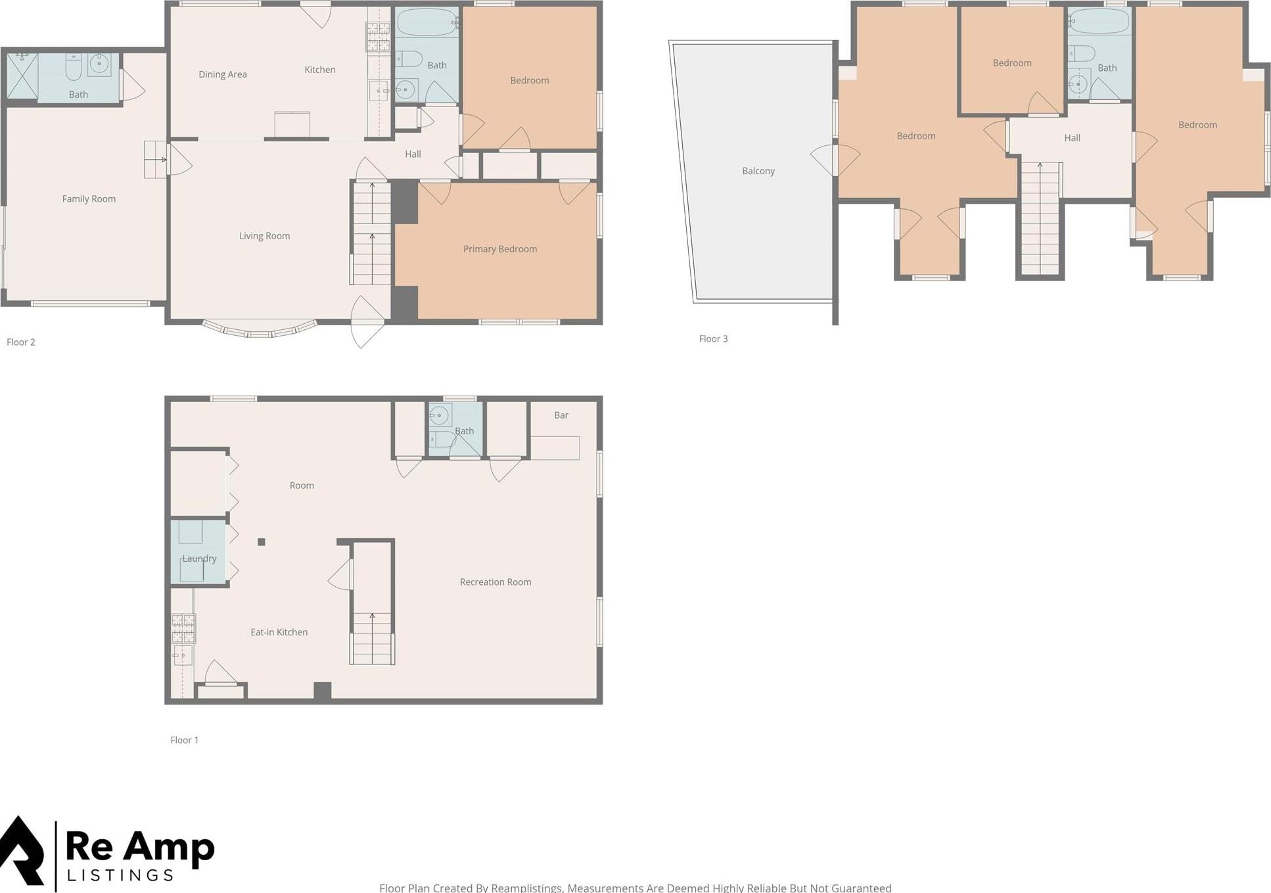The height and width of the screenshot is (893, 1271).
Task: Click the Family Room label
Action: click(89, 199)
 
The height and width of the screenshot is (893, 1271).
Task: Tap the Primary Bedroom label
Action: click(499, 249)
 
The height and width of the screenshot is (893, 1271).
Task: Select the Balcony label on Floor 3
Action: click(758, 171)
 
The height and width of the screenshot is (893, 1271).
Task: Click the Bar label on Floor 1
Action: click(561, 415)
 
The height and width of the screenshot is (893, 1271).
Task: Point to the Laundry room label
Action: click(199, 559)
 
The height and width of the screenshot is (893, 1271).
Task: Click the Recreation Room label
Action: click(495, 582)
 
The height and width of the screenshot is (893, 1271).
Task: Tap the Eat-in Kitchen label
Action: click(279, 632)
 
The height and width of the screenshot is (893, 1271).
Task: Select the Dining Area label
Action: click(223, 74)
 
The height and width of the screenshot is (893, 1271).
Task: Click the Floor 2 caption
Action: click(21, 342)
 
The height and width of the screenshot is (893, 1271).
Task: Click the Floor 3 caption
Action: click(713, 339)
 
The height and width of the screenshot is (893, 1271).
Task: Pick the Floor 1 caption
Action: click(184, 740)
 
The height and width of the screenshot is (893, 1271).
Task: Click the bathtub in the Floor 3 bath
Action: click(1099, 22)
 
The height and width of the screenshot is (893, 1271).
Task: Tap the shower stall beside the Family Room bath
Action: click(22, 76)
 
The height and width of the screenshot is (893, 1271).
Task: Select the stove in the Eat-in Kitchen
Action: click(183, 628)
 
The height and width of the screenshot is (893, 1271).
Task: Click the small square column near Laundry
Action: click(262, 542)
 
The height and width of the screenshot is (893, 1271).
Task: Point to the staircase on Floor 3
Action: click(1040, 219)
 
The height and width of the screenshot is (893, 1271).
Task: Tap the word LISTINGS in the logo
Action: click(120, 875)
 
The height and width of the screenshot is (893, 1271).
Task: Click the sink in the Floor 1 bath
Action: click(439, 415)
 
